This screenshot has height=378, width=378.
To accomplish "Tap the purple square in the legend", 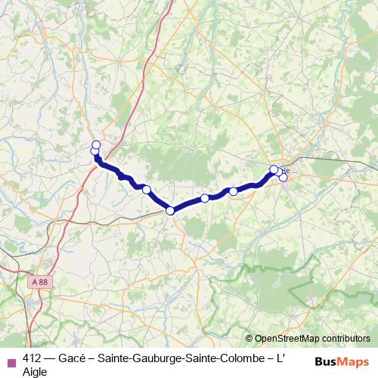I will (x=11, y=362).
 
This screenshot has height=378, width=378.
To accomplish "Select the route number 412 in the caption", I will (x=33, y=359).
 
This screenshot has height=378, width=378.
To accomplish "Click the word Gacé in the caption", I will (x=79, y=359).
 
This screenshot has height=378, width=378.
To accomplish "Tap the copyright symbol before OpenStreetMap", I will (x=249, y=339).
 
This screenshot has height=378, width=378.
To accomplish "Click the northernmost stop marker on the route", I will (x=96, y=144).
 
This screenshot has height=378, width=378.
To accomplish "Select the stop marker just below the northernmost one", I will (x=95, y=152).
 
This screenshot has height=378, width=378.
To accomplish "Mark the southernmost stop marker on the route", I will (x=171, y=210).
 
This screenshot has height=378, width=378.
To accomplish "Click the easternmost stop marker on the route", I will (x=283, y=178).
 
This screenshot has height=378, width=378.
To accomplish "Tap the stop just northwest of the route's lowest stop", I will (x=147, y=190).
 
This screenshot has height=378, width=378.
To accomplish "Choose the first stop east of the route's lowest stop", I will (x=205, y=198).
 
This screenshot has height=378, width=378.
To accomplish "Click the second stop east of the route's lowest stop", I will (x=233, y=191).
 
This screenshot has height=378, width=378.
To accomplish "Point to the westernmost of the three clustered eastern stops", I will (x=274, y=170).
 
